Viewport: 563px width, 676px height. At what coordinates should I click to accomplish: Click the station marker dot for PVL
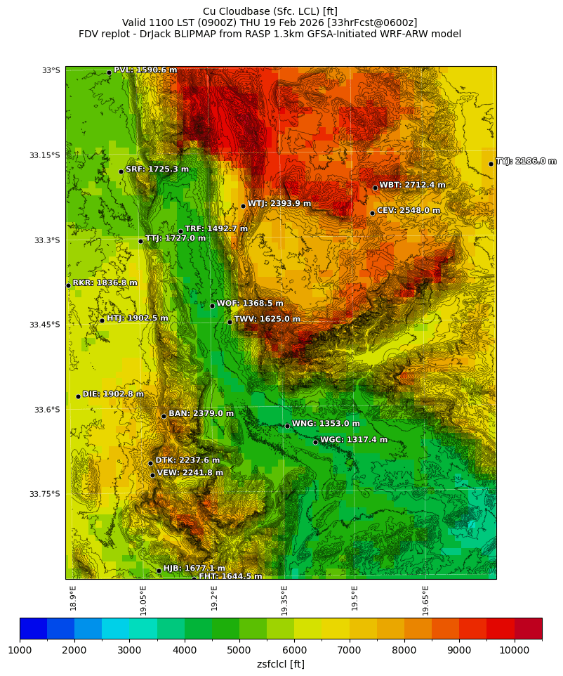109,72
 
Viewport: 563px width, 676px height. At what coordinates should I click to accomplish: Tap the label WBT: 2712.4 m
412,186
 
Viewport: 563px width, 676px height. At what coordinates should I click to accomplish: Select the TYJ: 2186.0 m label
526,162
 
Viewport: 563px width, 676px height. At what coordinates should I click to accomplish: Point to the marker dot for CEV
372,213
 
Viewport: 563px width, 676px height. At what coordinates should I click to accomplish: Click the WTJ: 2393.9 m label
279,204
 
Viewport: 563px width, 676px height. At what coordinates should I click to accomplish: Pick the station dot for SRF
121,171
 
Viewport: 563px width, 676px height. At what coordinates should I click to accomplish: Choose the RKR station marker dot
68,285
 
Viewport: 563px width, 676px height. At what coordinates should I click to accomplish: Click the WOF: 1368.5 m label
249,304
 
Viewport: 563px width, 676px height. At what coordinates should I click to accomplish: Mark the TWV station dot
230,322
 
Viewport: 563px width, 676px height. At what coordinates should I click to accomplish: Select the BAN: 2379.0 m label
201,414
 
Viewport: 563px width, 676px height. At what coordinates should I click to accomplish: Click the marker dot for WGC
315,442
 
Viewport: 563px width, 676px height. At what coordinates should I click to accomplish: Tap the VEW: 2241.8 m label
190,473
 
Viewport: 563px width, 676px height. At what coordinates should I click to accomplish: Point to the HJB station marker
159,571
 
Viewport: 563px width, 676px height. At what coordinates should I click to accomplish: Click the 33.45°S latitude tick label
44,325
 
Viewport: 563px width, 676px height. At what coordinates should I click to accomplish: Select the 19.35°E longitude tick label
284,601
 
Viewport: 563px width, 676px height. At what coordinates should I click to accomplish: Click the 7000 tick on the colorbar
350,650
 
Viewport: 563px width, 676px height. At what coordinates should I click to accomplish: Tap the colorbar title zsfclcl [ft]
280,664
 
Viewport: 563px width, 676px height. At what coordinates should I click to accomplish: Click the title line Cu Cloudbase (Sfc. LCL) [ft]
270,11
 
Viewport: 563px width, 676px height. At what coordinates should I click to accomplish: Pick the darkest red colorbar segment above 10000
528,628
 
